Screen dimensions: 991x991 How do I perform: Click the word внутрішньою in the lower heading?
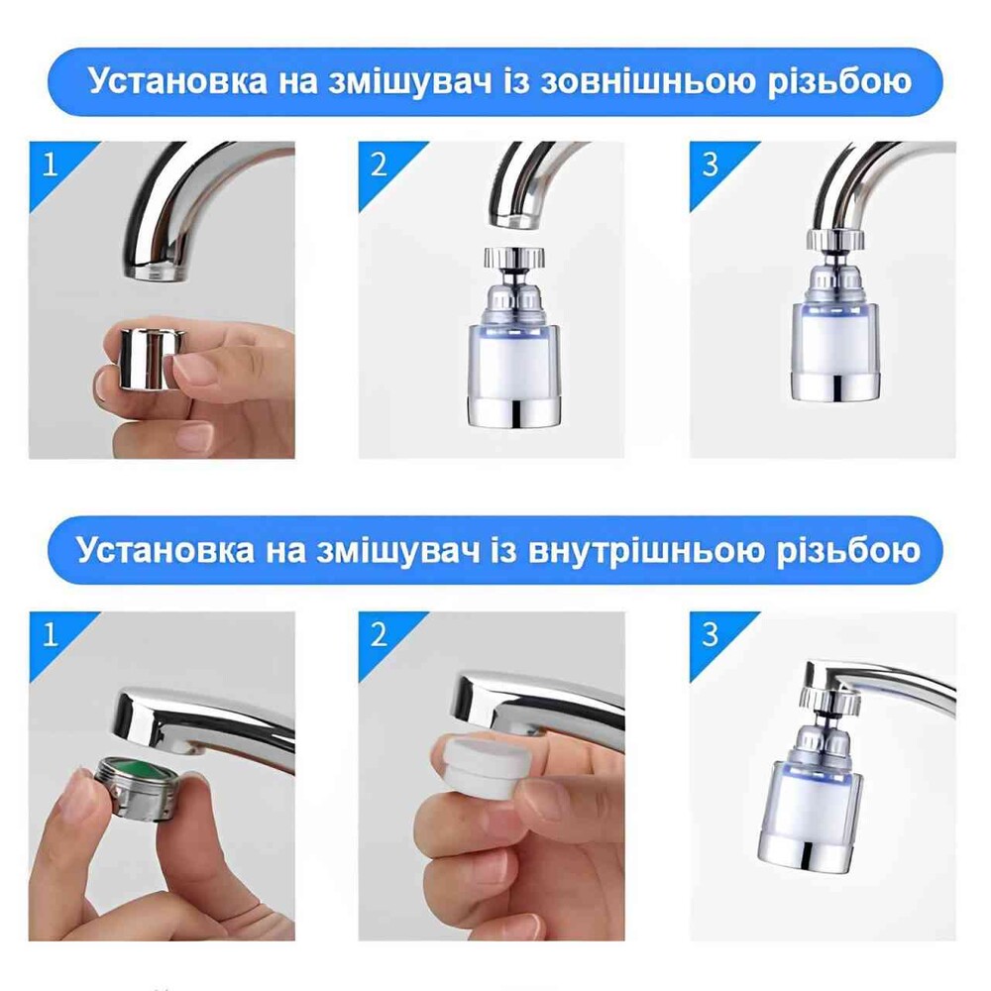click(x=645, y=550)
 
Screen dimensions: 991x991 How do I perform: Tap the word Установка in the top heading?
click(x=177, y=81)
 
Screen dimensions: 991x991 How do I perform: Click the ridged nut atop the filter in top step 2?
click(x=515, y=258)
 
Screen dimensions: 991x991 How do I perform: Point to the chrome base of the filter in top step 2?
click(x=513, y=412)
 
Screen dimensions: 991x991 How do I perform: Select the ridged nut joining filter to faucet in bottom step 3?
click(x=828, y=697)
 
